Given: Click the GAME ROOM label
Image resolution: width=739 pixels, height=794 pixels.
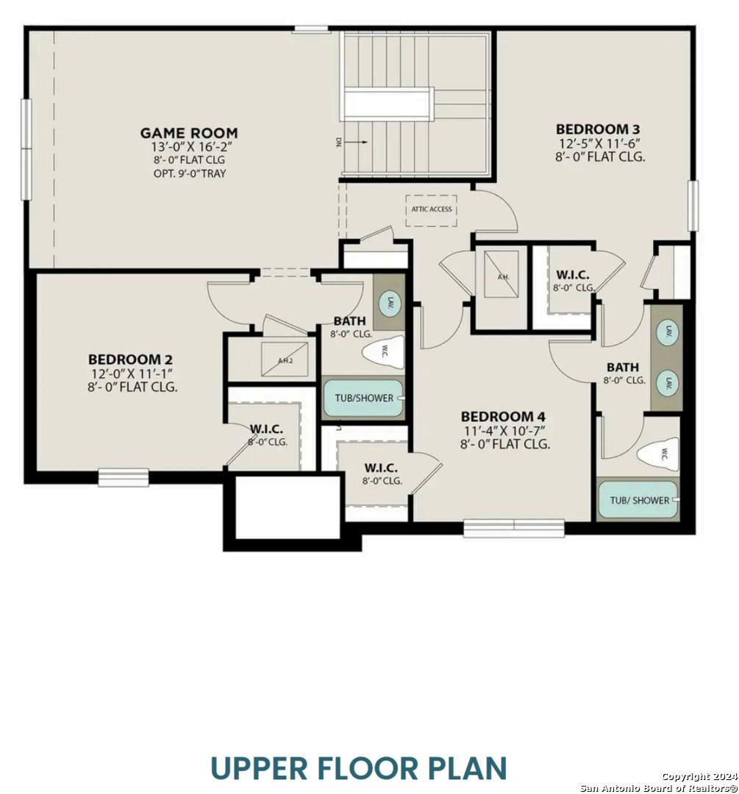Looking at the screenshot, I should click(189, 133).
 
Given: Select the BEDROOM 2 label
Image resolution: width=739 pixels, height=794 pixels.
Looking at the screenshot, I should click(131, 360).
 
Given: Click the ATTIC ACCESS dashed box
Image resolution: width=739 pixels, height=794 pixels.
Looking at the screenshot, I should click(431, 210).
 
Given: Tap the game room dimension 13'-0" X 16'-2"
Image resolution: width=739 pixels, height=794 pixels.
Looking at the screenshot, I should click(189, 146).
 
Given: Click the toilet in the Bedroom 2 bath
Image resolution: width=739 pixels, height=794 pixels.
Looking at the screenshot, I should click(384, 351).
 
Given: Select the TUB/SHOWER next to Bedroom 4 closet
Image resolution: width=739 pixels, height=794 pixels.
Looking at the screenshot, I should click(364, 398).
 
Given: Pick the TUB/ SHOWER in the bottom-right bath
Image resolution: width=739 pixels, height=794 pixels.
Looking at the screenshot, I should click(639, 500).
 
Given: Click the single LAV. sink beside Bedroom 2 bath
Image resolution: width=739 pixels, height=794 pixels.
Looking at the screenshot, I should click(390, 302).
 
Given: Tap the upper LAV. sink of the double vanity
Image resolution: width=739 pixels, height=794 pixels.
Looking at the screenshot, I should click(668, 330).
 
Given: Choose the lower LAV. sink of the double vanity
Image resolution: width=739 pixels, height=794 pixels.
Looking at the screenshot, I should click(668, 383).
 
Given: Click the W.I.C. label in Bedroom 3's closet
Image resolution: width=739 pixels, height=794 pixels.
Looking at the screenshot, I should click(573, 275).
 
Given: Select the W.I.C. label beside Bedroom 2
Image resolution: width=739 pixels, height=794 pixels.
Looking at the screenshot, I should click(266, 429).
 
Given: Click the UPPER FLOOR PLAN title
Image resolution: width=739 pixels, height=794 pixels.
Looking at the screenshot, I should click(359, 768).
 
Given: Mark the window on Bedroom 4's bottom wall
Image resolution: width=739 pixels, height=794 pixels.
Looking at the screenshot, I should click(513, 527).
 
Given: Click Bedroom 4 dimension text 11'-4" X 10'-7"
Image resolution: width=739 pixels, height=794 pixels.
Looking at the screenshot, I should click(505, 430).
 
